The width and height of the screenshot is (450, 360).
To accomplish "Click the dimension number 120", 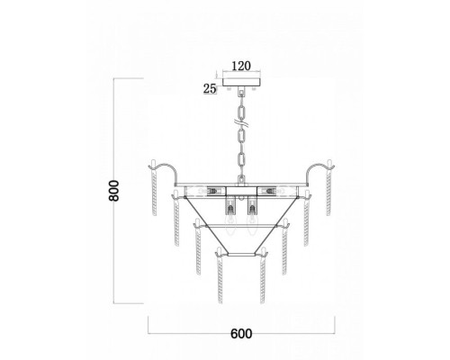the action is [241, 66].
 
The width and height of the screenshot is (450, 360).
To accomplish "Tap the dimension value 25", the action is [210, 88].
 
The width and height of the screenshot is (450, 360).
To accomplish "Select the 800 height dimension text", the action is [114, 191].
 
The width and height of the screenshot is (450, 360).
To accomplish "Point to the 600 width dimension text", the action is [241, 334].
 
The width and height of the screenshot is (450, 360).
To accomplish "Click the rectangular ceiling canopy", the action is [242, 82].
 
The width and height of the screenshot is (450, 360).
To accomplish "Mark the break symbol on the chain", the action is [241, 122].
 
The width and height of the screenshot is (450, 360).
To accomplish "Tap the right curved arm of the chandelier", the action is [317, 168].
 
